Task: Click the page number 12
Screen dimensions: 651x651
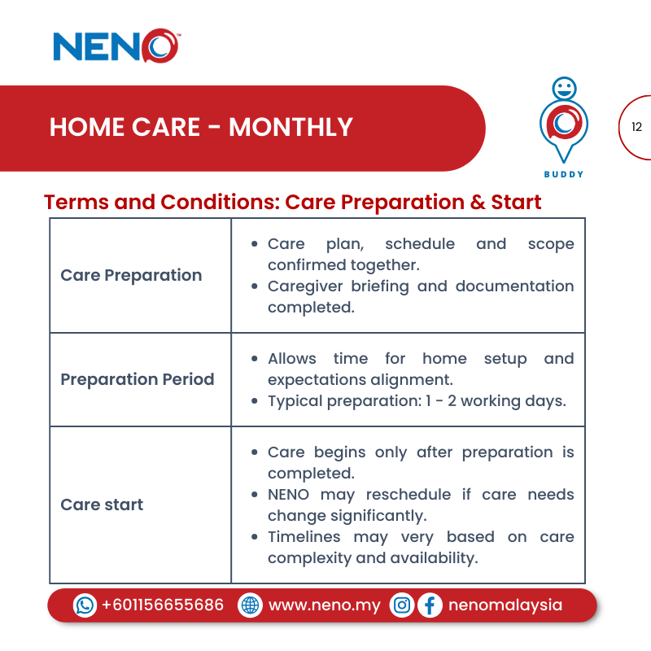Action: (x=636, y=127)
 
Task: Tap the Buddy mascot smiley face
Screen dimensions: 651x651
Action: (x=563, y=87)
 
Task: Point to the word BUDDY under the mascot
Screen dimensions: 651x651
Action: (x=563, y=174)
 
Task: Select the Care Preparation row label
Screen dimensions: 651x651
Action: (x=131, y=275)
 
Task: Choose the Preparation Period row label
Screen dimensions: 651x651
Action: (x=138, y=379)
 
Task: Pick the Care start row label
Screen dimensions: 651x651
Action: (x=102, y=505)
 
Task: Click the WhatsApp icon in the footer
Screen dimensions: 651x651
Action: (x=85, y=605)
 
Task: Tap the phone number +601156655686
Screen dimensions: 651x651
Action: (x=162, y=605)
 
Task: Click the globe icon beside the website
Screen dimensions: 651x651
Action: (x=250, y=605)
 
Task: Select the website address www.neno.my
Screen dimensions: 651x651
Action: (x=324, y=605)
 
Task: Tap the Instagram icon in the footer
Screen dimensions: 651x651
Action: (x=402, y=605)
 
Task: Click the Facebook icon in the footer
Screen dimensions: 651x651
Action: (x=430, y=605)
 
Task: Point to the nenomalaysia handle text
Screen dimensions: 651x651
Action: (x=505, y=605)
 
